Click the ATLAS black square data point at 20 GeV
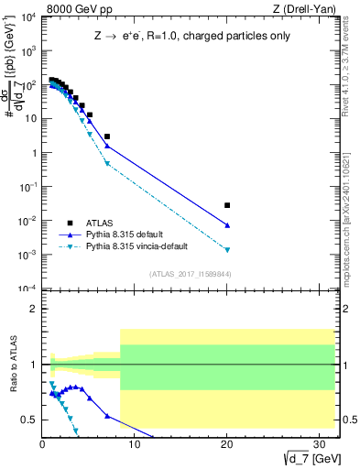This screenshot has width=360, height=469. coord(227,205)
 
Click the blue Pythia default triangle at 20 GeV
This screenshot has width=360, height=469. coord(227,225)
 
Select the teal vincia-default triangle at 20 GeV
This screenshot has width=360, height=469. coord(227,249)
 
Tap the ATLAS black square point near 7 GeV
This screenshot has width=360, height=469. coord(107,136)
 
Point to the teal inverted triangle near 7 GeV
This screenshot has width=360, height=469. coord(107,164)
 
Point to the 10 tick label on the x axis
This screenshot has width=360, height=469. coord(135,444)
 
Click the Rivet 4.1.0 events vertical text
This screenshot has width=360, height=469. coord(352,69)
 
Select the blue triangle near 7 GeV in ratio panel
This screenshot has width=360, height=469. coord(107,416)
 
